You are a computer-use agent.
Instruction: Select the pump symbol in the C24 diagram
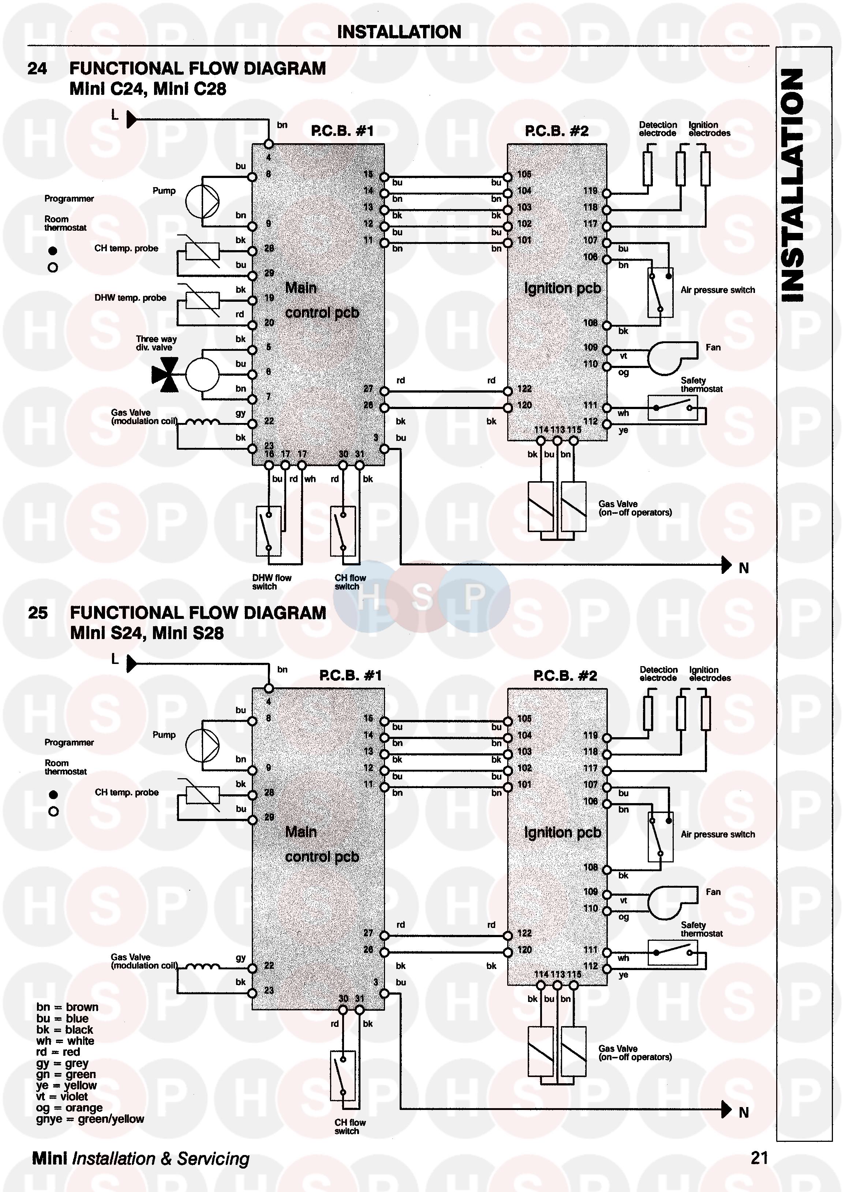202,201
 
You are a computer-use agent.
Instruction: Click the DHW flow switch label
271,582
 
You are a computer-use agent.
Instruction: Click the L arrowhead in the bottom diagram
132,664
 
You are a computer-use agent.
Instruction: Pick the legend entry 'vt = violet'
62,1096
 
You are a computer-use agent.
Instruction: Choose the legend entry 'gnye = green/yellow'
90,1119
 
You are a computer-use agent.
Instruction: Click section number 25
37,613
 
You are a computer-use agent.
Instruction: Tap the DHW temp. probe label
130,298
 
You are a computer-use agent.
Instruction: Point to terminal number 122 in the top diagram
524,388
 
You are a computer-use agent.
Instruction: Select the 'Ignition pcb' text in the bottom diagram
562,832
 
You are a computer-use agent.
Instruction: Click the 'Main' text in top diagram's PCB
301,288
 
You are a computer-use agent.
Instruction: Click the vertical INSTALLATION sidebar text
793,185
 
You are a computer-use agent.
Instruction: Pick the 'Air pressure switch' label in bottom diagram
718,834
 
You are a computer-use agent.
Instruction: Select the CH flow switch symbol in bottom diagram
343,1076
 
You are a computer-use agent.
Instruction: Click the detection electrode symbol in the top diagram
647,168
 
